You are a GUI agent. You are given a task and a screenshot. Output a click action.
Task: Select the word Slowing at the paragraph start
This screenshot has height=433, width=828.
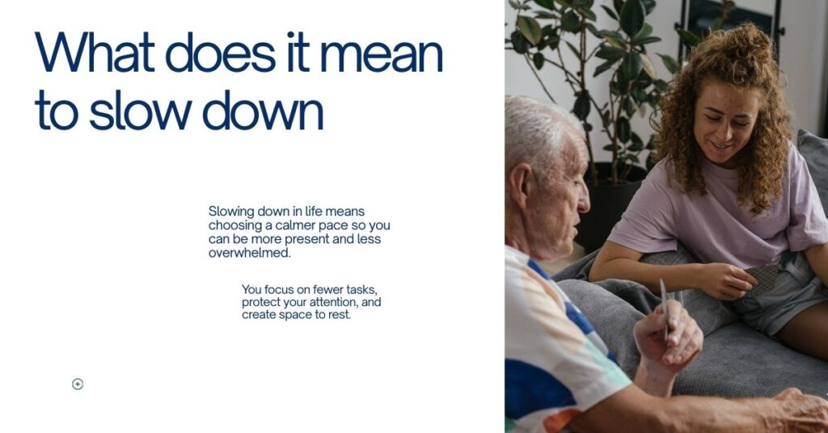pyautogui.click(x=230, y=212)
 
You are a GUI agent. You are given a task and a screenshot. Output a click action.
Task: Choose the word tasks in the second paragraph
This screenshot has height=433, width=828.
pyautogui.click(x=361, y=289)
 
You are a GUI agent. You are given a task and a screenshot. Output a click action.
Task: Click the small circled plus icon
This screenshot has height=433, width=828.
pyautogui.click(x=78, y=384)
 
